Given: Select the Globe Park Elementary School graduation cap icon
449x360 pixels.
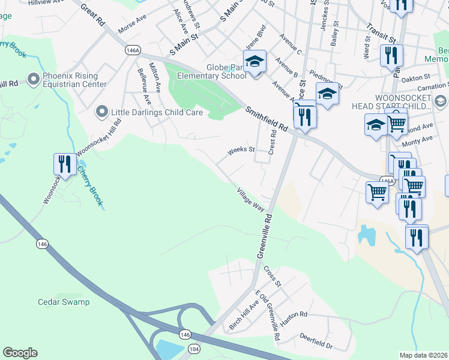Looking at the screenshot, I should click(x=255, y=61).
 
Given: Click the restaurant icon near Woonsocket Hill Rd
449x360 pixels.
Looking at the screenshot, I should click(x=63, y=164).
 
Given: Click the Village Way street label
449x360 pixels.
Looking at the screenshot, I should click(x=250, y=199).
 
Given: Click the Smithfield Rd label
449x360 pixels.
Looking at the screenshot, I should click(x=266, y=118).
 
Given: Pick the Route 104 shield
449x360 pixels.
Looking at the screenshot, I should click(x=194, y=347).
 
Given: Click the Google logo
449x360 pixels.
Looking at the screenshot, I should click(x=20, y=353).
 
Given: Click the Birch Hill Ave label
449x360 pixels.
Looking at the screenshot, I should click(x=244, y=314).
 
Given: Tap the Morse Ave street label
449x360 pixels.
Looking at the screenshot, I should click(x=132, y=26).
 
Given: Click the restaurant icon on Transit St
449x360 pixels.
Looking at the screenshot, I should click(x=391, y=56).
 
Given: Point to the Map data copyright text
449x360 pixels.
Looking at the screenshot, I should click(x=424, y=355).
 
